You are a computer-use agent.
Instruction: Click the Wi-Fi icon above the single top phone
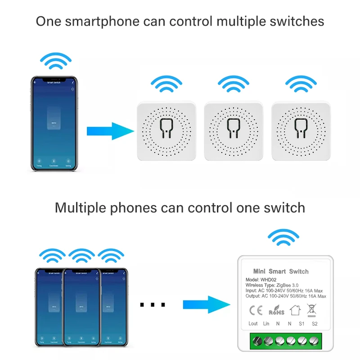55,61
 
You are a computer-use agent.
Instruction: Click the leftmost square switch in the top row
166,130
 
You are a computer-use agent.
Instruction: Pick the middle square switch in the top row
234,130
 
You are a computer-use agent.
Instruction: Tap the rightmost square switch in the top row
301,130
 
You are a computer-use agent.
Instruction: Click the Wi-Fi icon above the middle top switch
234,84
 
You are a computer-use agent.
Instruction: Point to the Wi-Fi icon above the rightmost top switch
301,84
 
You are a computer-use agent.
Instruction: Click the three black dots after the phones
153,305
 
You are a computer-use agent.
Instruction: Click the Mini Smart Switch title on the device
281,271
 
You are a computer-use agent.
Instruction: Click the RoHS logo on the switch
276,310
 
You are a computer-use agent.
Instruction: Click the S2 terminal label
315,324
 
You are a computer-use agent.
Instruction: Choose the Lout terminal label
253,324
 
